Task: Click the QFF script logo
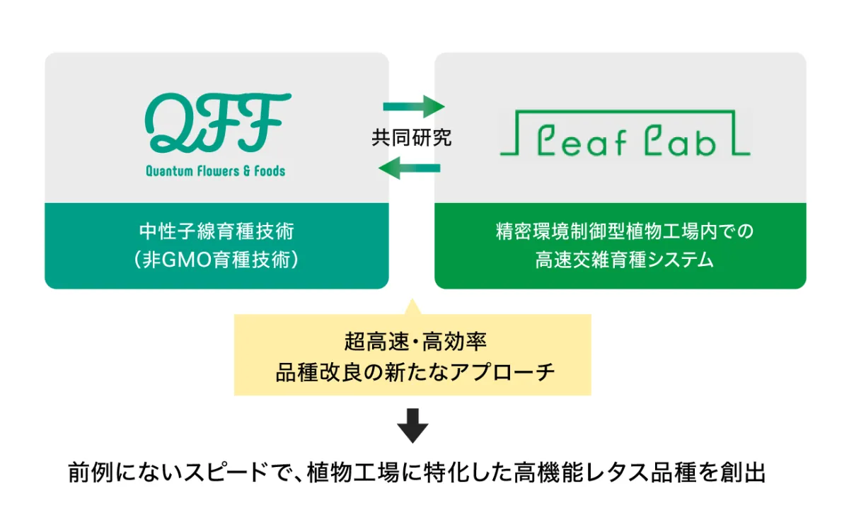click(x=218, y=122)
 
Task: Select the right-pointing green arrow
click(x=414, y=107)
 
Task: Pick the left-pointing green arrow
click(x=410, y=168)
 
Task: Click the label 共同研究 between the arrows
click(x=412, y=137)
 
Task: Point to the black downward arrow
click(x=412, y=425)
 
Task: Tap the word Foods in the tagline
click(x=270, y=171)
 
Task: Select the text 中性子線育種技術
click(x=216, y=231)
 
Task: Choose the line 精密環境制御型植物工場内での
click(x=625, y=231)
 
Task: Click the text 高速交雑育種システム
click(x=625, y=260)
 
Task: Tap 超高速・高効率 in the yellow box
click(x=415, y=342)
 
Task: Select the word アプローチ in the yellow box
click(x=502, y=372)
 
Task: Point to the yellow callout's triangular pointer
click(x=412, y=307)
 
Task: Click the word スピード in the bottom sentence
click(x=226, y=472)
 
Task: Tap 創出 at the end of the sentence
click(x=744, y=472)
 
